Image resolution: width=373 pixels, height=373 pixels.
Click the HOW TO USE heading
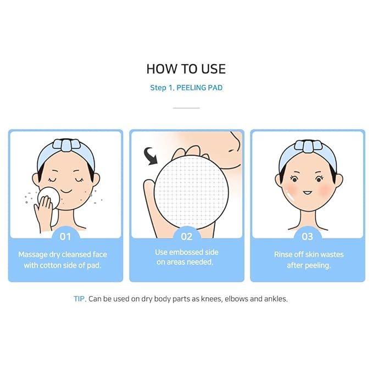point(186,69)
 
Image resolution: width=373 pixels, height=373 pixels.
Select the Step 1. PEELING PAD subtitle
point(186,88)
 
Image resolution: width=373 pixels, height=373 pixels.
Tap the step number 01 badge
point(65,237)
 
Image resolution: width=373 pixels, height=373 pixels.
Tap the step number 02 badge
point(186,237)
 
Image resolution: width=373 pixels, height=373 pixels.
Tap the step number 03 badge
point(307,237)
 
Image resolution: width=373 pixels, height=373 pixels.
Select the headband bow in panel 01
point(65,146)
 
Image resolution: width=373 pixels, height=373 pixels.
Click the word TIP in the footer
point(80,299)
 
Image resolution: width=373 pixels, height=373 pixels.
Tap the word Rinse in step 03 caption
point(284,254)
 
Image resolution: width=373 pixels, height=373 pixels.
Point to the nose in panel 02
point(233,145)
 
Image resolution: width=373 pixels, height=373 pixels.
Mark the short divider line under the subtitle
point(186,108)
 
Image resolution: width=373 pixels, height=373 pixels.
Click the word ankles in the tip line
point(274,299)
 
